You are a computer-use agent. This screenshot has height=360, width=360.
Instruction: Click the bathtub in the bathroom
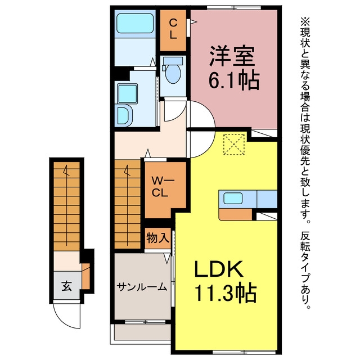pos(135,23)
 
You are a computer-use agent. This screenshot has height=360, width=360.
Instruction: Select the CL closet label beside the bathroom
pos(173,29)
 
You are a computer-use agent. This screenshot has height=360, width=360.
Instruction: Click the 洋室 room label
pos(232,56)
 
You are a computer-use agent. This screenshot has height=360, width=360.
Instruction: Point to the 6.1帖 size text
pos(234,80)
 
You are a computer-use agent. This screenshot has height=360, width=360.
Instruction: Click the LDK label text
pos(219,268)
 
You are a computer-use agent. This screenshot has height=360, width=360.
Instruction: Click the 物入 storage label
pos(158,237)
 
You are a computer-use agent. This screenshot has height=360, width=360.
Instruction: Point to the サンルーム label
pos(142,287)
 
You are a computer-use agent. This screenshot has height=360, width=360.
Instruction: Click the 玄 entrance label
pos(66,286)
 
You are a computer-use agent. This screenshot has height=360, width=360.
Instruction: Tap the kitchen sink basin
pos(233,198)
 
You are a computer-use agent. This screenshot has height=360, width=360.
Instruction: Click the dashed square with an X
pos(234,145)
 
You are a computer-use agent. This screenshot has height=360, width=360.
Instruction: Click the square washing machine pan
pos(128,93)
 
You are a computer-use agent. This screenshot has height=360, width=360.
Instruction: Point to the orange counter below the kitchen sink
pos(236,214)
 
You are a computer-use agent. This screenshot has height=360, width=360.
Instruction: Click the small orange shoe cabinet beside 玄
pos(85,276)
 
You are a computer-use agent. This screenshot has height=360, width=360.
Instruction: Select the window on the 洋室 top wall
pos(234,7)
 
